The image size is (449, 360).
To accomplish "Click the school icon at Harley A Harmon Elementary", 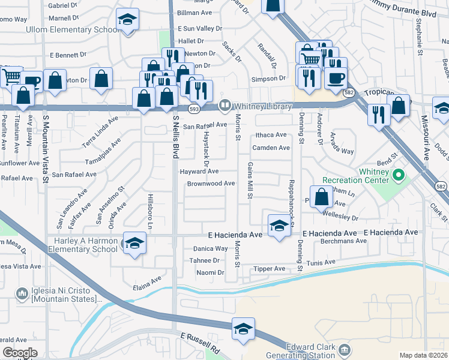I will point(135,243).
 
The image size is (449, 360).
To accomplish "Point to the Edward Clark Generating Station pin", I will point(345,349).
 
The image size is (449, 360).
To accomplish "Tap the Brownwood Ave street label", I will point(211,184).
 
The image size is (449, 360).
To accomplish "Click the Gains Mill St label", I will point(250,179).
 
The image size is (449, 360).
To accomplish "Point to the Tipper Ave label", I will point(269,269).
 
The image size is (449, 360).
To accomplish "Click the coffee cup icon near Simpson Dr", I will point(336,77).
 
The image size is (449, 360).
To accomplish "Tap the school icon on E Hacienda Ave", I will point(279,226).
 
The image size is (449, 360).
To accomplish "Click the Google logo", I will point(19,353).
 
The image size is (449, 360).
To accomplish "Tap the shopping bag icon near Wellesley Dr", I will point(322,197).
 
